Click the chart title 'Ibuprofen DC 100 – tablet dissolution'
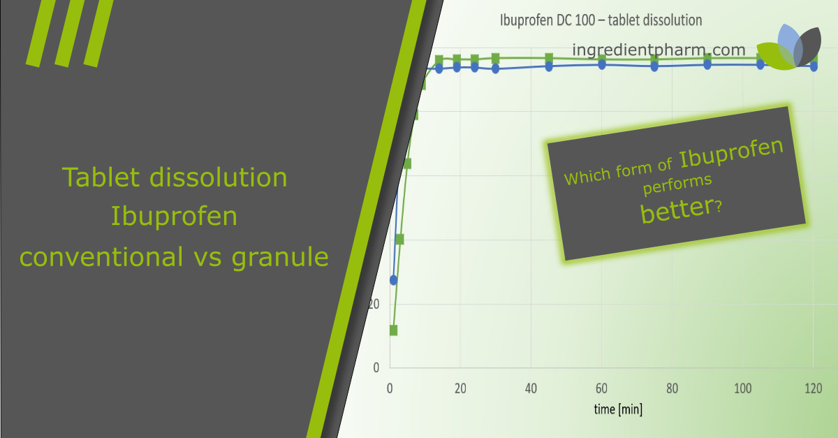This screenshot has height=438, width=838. (601, 20)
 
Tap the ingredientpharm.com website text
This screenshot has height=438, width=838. (659, 50)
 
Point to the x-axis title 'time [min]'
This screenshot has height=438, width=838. (618, 409)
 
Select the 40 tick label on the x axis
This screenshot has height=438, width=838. (531, 388)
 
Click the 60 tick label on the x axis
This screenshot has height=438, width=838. (601, 388)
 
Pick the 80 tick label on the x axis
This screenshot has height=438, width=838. (672, 388)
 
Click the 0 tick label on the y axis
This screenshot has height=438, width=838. (376, 367)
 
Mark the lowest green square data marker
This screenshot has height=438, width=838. (393, 330)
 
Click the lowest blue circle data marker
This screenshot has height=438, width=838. (393, 280)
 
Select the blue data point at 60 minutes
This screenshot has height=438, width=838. (601, 64)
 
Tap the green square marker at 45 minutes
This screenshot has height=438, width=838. (549, 57)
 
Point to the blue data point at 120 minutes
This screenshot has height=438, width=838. (814, 66)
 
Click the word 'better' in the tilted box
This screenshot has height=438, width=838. (675, 210)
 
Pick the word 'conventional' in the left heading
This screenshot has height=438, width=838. (98, 257)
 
